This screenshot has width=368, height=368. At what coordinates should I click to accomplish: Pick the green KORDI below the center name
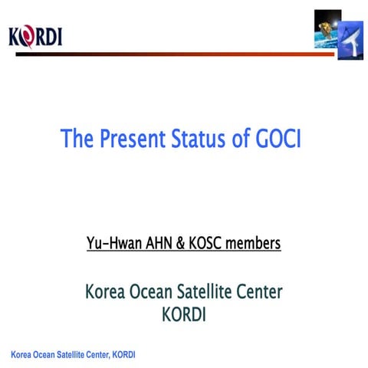[184, 314]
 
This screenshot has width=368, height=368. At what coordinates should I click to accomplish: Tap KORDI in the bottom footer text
[124, 354]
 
